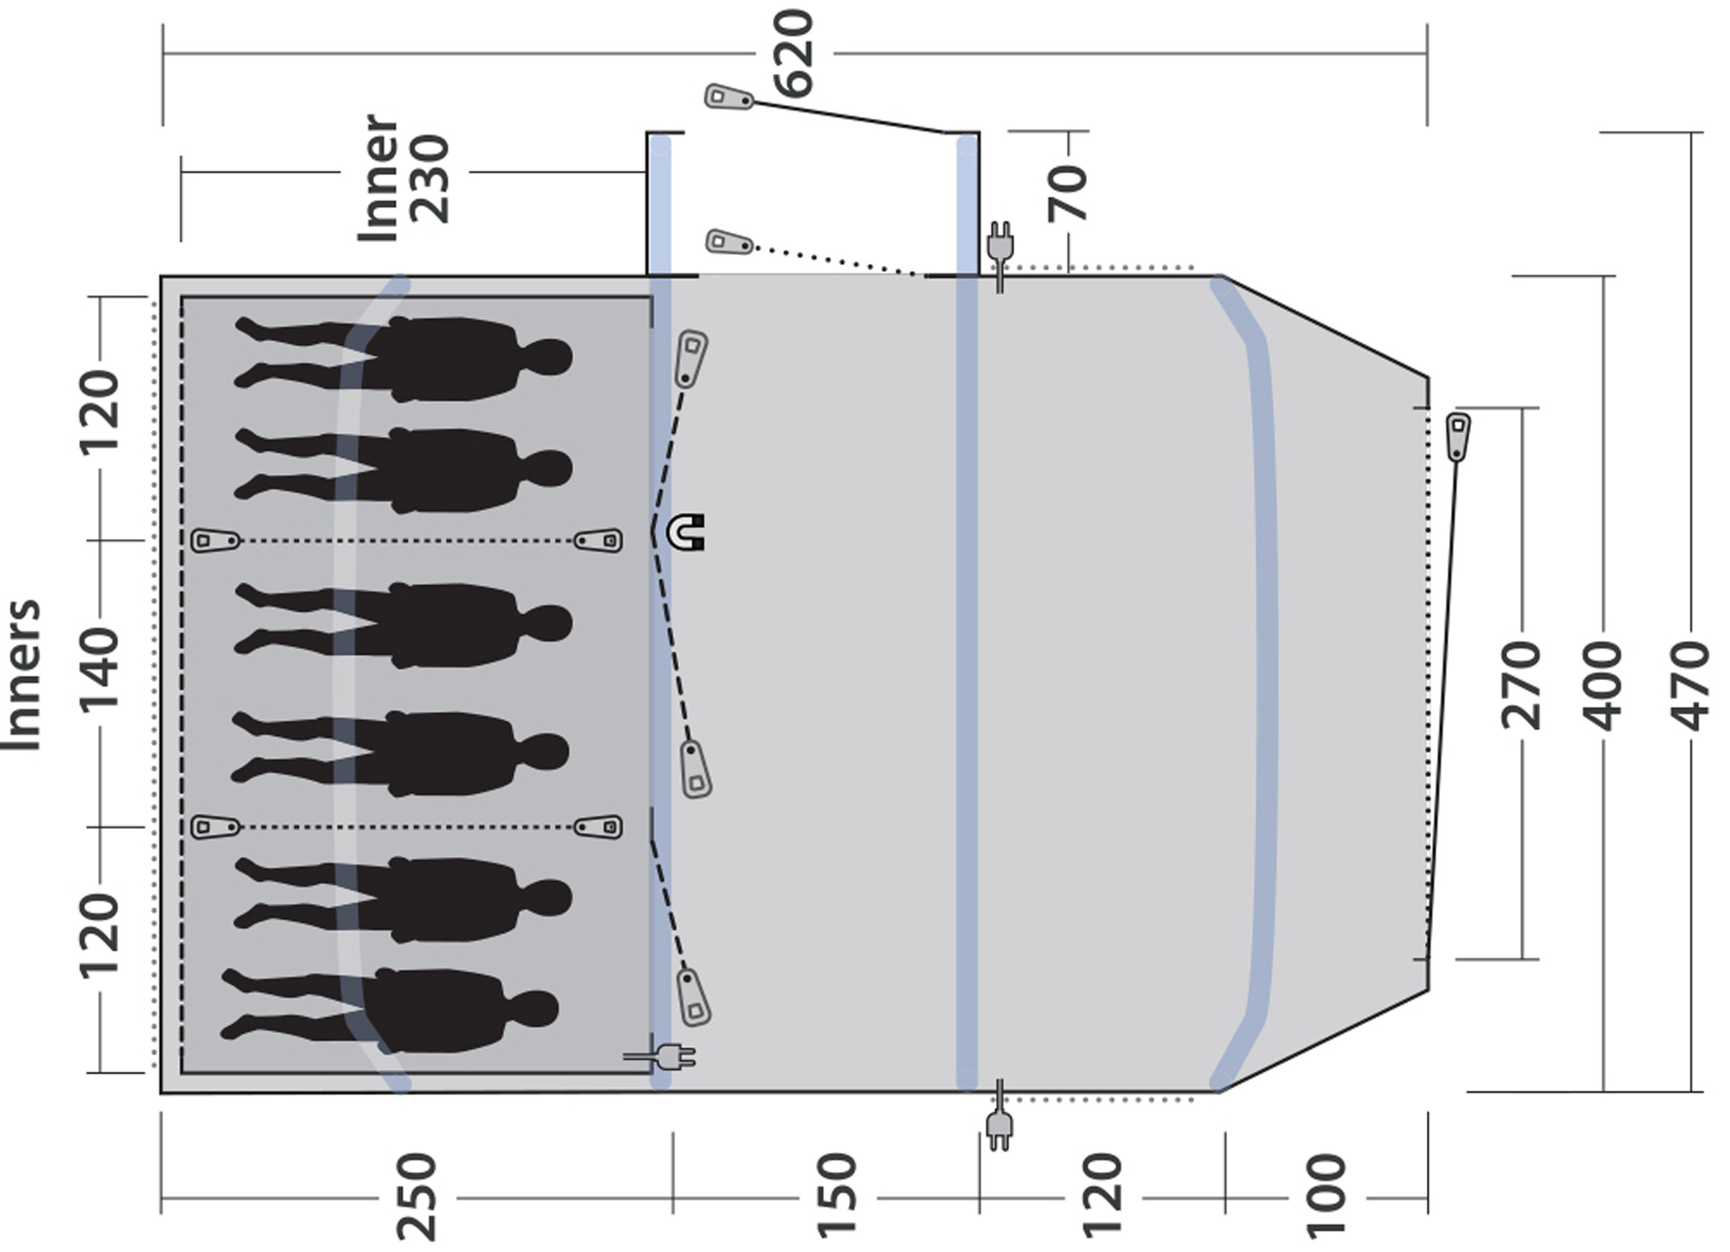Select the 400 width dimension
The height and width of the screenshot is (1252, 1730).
[x=1602, y=687]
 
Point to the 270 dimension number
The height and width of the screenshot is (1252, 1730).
[x=1521, y=687]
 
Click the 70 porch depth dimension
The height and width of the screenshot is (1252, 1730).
[x=1068, y=194]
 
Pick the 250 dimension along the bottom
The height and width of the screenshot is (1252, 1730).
[x=417, y=1197]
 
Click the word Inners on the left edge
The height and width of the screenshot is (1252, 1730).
[x=22, y=676]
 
